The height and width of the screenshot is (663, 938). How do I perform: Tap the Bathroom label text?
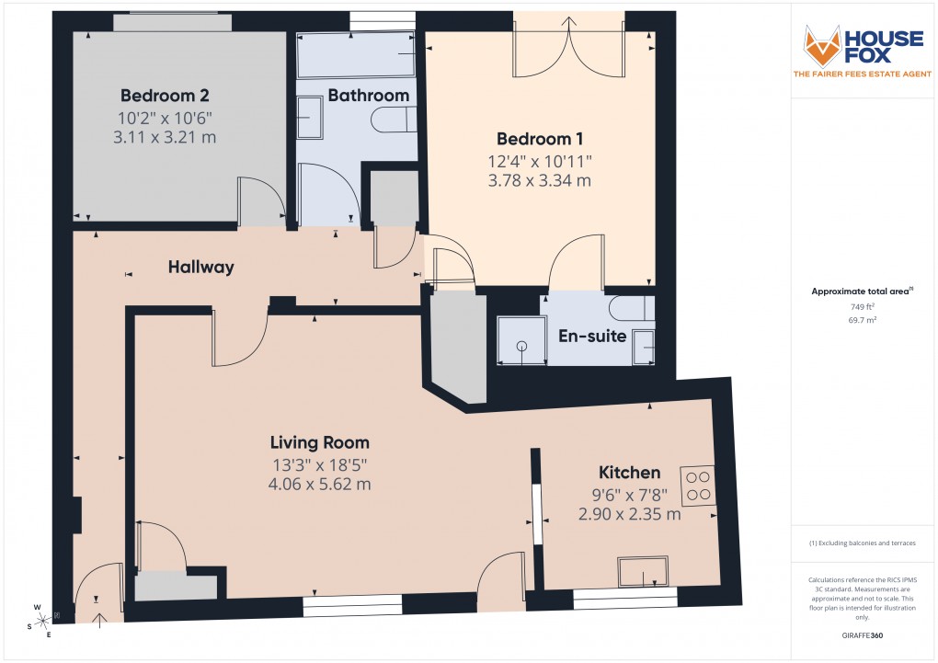[368, 96]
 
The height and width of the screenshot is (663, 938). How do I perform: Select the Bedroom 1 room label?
[540, 140]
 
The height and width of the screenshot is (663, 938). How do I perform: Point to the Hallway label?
[200, 268]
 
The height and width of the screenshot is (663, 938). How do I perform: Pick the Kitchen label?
[629, 473]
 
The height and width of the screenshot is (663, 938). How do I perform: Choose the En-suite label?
[592, 337]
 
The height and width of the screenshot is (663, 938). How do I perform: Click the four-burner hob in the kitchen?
[696, 485]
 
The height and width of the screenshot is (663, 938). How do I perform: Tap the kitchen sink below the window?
[643, 571]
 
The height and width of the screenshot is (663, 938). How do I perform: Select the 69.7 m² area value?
[862, 319]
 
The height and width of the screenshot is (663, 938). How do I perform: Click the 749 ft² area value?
[862, 306]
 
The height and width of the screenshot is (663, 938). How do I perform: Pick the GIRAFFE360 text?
[862, 635]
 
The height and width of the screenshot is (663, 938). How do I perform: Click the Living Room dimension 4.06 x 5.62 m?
[319, 485]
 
